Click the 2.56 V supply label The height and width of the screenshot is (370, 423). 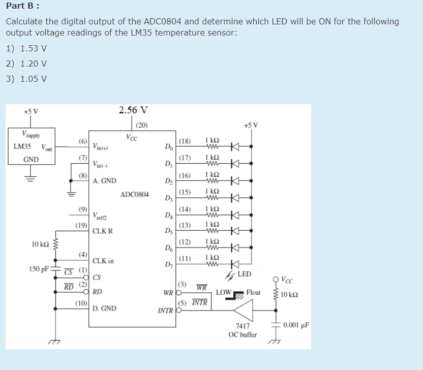133,110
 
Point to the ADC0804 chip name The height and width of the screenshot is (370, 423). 135,195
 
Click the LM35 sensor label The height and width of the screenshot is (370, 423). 22,147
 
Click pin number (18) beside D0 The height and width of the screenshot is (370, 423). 185,141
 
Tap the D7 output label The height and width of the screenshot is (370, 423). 168,264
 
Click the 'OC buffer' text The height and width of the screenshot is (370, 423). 243,334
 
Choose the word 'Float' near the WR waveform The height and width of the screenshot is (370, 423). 253,292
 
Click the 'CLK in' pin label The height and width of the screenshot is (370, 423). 103,261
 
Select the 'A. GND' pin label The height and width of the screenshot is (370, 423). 104,180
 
